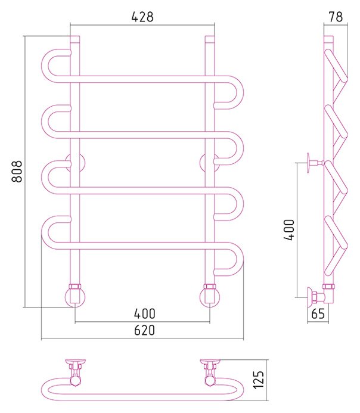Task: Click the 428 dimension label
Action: [142, 17]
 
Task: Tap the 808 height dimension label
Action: [17, 172]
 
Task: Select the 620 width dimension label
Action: [144, 330]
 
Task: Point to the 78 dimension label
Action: [336, 17]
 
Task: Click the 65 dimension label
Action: [318, 313]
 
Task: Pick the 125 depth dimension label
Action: [258, 380]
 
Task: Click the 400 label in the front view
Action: [145, 313]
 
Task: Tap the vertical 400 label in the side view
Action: [289, 229]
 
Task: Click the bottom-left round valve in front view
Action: [75, 297]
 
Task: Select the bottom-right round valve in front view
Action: [210, 297]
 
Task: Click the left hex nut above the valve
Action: [75, 286]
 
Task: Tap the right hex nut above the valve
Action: [210, 286]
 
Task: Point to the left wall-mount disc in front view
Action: [75, 163]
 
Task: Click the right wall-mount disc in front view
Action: [210, 163]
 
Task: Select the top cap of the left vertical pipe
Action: [75, 39]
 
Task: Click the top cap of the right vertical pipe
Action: [210, 39]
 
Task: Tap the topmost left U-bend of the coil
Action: [45, 66]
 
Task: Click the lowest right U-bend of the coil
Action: [240, 259]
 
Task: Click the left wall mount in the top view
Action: [75, 365]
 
